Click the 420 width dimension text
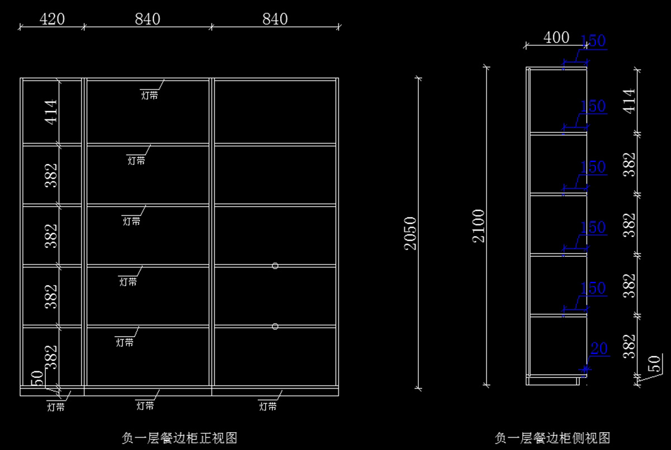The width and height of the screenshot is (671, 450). coord(52,19)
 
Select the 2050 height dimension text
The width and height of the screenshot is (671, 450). coord(410,233)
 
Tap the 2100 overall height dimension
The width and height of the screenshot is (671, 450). coord(478,226)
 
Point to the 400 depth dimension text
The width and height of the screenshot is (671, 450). coord(556,37)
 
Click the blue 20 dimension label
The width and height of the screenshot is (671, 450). coord(599,348)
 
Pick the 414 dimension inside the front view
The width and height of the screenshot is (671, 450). coord(51,112)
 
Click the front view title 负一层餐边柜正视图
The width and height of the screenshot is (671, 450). coord(179,438)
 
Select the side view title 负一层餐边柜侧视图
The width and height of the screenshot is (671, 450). coord(552,438)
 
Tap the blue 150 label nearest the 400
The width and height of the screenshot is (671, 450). coord(593,41)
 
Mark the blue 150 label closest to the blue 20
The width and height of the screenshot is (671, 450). coord(593,288)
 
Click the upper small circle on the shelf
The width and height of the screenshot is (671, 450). coord(275,266)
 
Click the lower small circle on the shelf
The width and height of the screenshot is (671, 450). coord(275,327)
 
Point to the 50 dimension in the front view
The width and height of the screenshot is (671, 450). coord(37,378)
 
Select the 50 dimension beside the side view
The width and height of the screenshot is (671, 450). coord(655,363)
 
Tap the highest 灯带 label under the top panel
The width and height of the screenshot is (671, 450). coord(149,95)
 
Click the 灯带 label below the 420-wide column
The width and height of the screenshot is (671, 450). coord(56,407)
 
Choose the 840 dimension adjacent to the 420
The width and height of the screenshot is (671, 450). coord(148,19)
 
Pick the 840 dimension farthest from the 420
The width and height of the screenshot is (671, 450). coord(275,19)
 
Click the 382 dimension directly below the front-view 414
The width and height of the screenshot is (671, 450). coord(51,175)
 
